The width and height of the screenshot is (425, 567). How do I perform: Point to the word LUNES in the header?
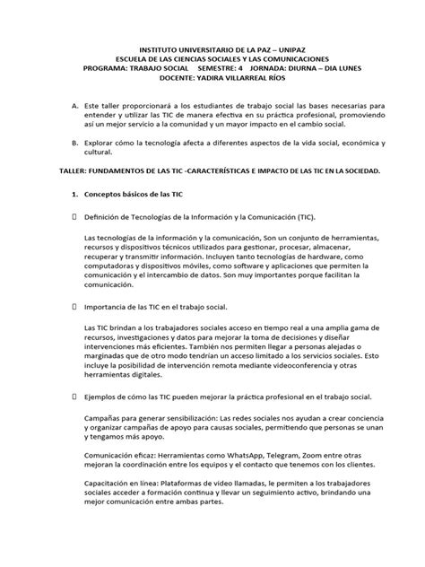point(344,65)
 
